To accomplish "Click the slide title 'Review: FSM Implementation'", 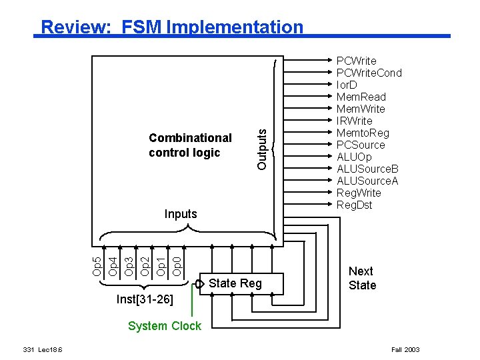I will [171, 27].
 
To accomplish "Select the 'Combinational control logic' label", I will [190, 145].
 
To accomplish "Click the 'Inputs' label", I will [181, 214].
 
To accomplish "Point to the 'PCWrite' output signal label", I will [356, 61].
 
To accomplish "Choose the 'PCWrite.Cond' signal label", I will [369, 73].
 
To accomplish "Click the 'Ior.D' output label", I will [347, 85].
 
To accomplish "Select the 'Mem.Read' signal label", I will [361, 97].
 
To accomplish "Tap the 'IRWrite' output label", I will [355, 121].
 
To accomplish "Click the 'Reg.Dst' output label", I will [355, 205].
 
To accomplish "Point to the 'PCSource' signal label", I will [361, 145].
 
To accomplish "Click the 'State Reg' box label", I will [235, 283].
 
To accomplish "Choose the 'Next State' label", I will [362, 278].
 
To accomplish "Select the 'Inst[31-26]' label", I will [145, 300].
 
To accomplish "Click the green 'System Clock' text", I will [164, 326].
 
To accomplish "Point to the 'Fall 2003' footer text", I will [405, 349].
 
